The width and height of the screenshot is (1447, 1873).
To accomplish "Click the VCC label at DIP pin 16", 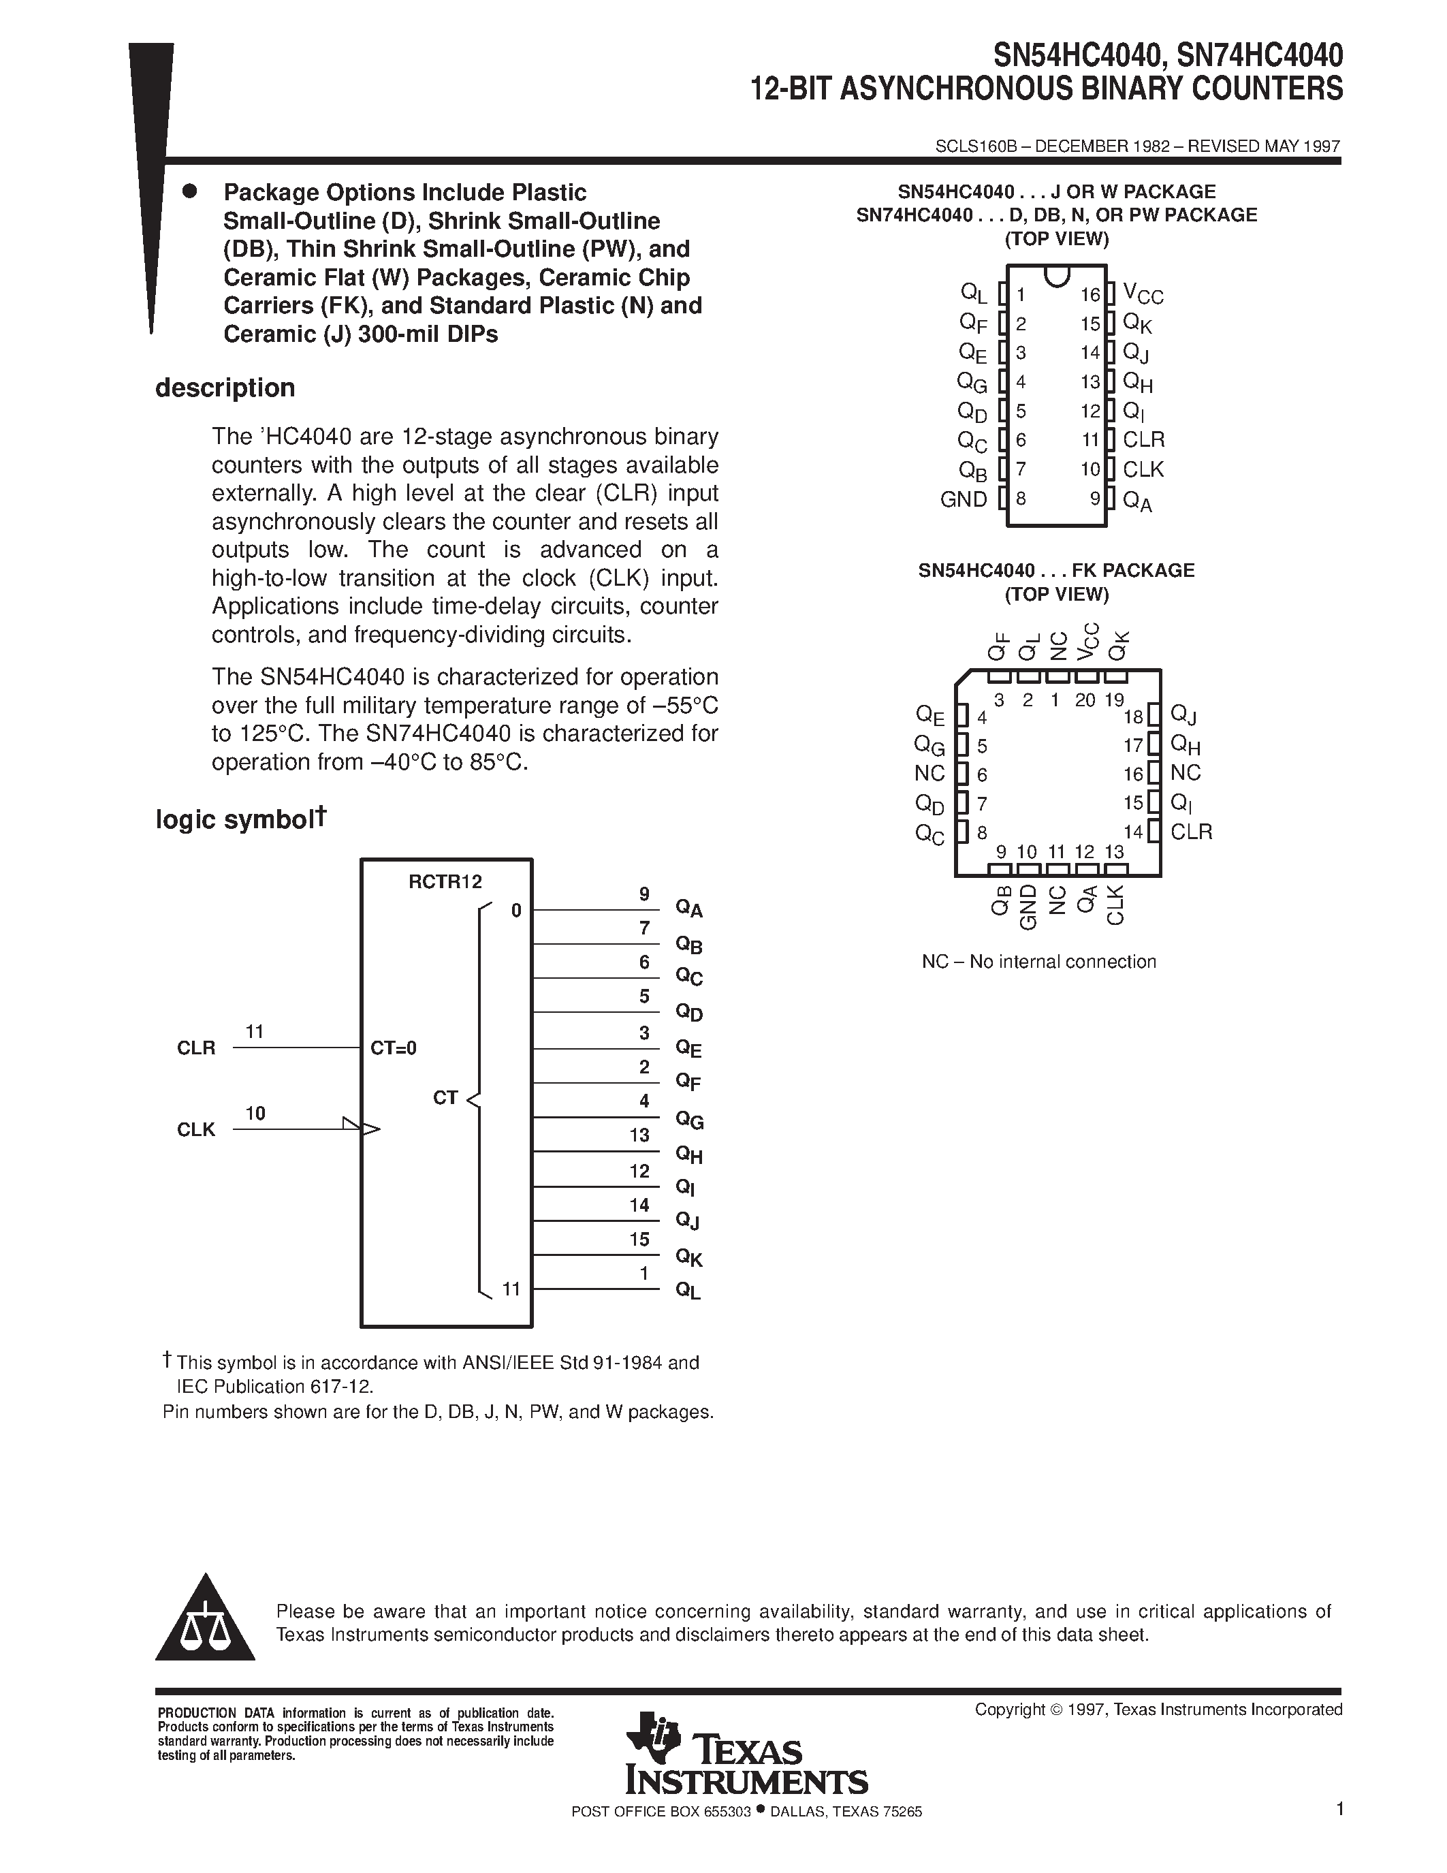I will point(1143,295).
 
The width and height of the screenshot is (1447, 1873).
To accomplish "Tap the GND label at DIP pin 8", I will point(964,499).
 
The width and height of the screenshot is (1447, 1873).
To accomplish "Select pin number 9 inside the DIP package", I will point(1095,497).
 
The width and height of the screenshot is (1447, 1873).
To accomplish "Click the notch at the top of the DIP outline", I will point(1057,275).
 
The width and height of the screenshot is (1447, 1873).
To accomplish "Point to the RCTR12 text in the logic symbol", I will point(445,881).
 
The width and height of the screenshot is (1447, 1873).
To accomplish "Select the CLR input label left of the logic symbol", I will point(196,1048).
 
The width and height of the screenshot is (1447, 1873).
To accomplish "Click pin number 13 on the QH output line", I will point(639,1135).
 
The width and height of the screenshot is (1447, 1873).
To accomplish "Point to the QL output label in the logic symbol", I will point(688,1291).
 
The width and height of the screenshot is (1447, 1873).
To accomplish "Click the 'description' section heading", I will point(225,388).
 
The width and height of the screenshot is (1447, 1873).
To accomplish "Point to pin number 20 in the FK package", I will point(1084,699).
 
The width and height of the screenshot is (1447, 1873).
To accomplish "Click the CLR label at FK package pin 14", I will point(1191,831).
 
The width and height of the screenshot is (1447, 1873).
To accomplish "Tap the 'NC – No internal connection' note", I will point(1038,962).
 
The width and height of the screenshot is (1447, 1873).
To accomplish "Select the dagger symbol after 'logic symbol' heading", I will point(320,815).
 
